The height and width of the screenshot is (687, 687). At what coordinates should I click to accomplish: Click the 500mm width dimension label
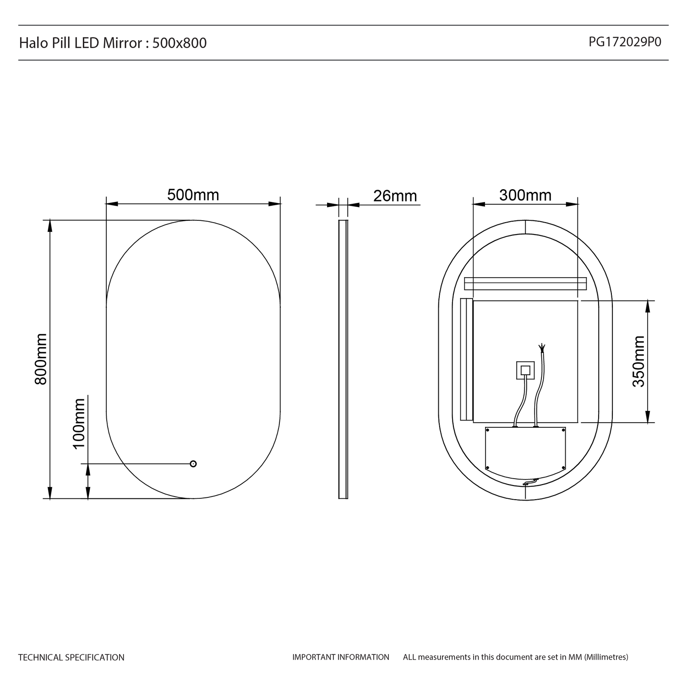pos(193,195)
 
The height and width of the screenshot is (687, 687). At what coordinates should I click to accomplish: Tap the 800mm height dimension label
pos(41,359)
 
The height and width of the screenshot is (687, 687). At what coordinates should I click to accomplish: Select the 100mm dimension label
pos(79,424)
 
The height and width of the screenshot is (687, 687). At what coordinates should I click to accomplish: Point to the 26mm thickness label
pos(395,196)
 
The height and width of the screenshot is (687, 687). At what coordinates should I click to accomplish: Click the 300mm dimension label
pos(525,196)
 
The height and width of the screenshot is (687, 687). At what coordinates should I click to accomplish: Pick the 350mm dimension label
pos(638,361)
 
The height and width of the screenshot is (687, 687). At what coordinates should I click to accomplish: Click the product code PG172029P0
pos(625,42)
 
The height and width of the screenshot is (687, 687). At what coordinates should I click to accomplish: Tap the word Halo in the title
pos(30,43)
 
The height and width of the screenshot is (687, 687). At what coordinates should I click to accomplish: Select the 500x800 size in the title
pos(180,43)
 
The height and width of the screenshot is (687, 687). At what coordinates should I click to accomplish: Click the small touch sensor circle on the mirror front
pos(193,463)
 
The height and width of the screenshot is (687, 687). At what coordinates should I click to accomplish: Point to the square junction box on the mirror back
pos(525,370)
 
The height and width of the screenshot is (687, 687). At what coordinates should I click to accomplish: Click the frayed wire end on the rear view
pos(543,348)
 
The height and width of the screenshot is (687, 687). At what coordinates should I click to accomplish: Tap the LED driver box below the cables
pos(525,449)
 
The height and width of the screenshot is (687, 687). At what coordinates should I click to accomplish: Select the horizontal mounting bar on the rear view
pos(525,284)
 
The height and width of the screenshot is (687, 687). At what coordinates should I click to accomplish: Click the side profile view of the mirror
pos(343,359)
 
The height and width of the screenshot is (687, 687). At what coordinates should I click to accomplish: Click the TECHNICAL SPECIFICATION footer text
pos(71,657)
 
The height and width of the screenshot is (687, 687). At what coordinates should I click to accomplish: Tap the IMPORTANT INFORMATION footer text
pos(341,657)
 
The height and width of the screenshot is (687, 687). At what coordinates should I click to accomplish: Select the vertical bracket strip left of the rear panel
pos(466,359)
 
